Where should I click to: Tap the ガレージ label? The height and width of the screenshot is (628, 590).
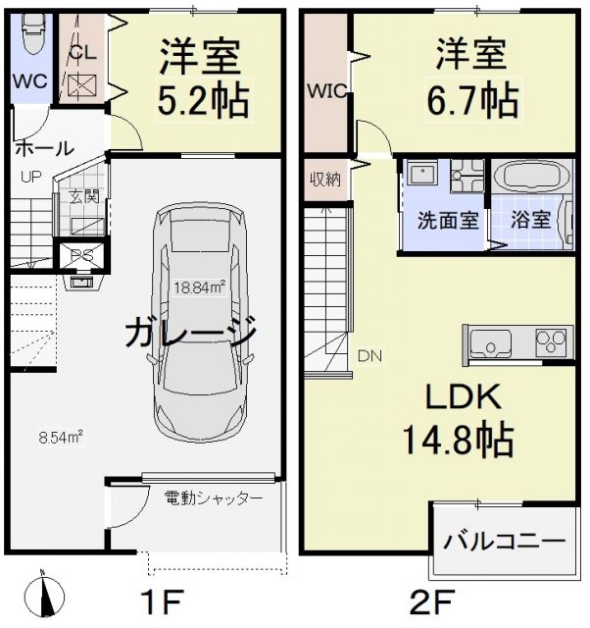[x=192, y=335]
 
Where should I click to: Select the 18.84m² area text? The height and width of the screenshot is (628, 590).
[x=200, y=288]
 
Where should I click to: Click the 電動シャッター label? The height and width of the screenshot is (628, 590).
[x=214, y=498]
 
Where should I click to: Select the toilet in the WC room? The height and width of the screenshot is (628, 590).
[x=30, y=40]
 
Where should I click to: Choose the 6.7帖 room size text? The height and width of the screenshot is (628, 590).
[x=477, y=99]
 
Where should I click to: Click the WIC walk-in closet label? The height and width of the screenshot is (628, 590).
[x=323, y=92]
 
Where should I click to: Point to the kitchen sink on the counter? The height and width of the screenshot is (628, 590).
[x=489, y=344]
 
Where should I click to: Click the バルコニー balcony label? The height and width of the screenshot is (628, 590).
[x=504, y=542]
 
